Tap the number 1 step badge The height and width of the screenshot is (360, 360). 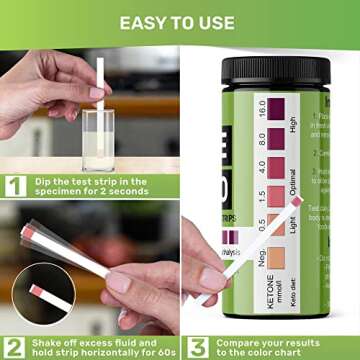pyautogui.click(x=15, y=185)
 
